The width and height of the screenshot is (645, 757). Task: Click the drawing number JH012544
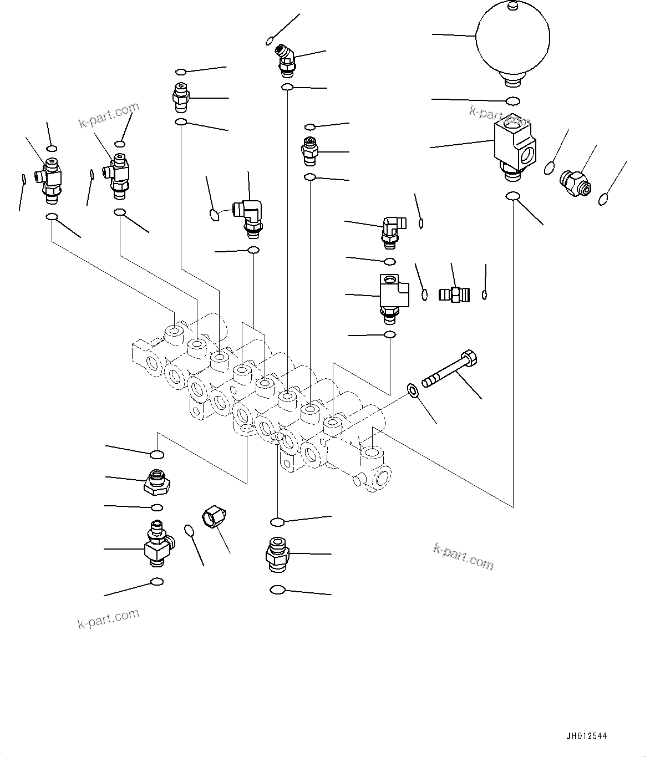(x=586, y=736)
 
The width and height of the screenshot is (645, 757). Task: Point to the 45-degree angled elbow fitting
(x=287, y=60)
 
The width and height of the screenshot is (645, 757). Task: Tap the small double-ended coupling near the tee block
(x=454, y=294)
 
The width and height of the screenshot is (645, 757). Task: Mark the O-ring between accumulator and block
(x=513, y=101)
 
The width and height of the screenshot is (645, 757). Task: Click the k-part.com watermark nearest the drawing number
(x=463, y=556)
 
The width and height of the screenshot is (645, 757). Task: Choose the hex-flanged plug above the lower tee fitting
(x=156, y=481)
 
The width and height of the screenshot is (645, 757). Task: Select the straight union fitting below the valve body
(x=277, y=552)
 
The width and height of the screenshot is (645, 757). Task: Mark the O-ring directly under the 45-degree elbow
(x=287, y=88)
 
